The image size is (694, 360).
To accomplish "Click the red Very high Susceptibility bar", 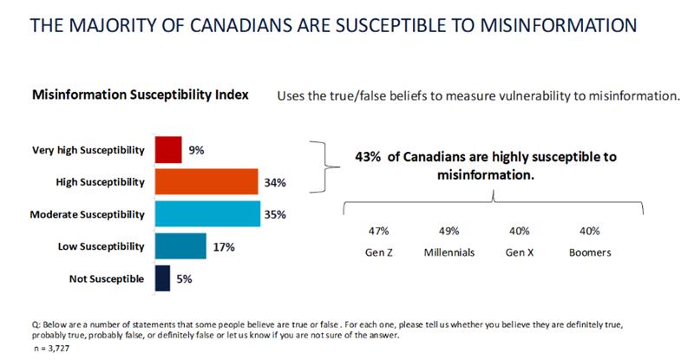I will pyautogui.click(x=167, y=150).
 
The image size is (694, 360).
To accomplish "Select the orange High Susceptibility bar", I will pyautogui.click(x=206, y=181).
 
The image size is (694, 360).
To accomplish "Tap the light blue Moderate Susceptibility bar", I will pyautogui.click(x=207, y=213).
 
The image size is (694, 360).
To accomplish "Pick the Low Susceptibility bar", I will pyautogui.click(x=180, y=246).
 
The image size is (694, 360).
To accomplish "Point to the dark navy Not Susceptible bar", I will pyautogui.click(x=161, y=278).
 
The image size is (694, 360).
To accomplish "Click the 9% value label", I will pyautogui.click(x=196, y=150).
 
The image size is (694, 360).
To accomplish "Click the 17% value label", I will pyautogui.click(x=222, y=246).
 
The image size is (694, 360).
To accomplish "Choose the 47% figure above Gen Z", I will pyautogui.click(x=377, y=231).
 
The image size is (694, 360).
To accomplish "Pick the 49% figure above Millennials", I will pyautogui.click(x=448, y=231).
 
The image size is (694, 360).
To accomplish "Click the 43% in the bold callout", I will pyautogui.click(x=370, y=157).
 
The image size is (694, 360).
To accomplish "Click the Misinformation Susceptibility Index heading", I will pyautogui.click(x=141, y=95).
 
